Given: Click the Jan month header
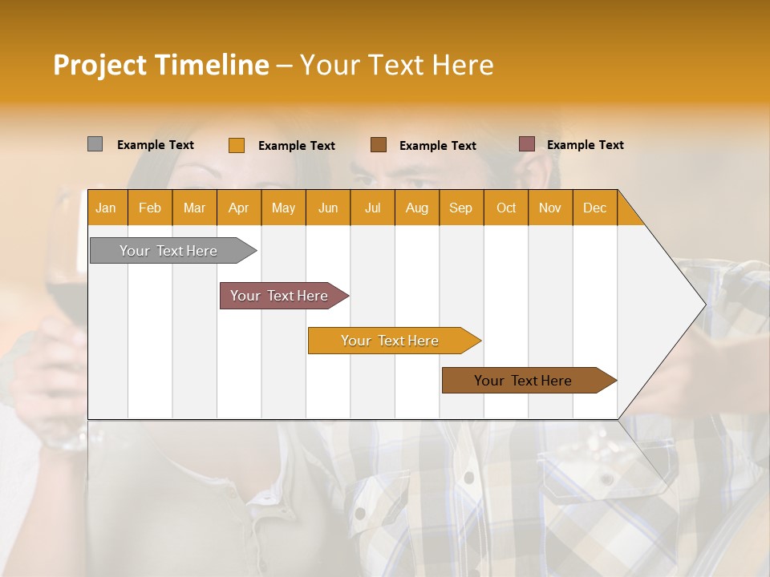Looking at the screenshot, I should click(x=106, y=208).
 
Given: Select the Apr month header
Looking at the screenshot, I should click(x=238, y=208).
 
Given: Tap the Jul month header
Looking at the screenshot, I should click(x=372, y=208).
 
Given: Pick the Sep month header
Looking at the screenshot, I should click(x=460, y=208).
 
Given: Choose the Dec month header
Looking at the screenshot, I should click(x=594, y=208).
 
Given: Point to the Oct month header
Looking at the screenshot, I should click(x=506, y=208).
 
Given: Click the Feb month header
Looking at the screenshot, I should click(x=150, y=208).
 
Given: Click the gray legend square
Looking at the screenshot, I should click(x=95, y=144).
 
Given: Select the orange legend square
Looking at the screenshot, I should click(x=237, y=145).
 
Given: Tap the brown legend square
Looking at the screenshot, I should click(x=379, y=144).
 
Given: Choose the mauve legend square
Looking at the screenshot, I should click(x=527, y=144).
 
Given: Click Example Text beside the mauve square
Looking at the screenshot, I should click(x=585, y=145).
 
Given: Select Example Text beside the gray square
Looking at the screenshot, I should click(x=156, y=145).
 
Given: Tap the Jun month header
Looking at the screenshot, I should click(x=328, y=208).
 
